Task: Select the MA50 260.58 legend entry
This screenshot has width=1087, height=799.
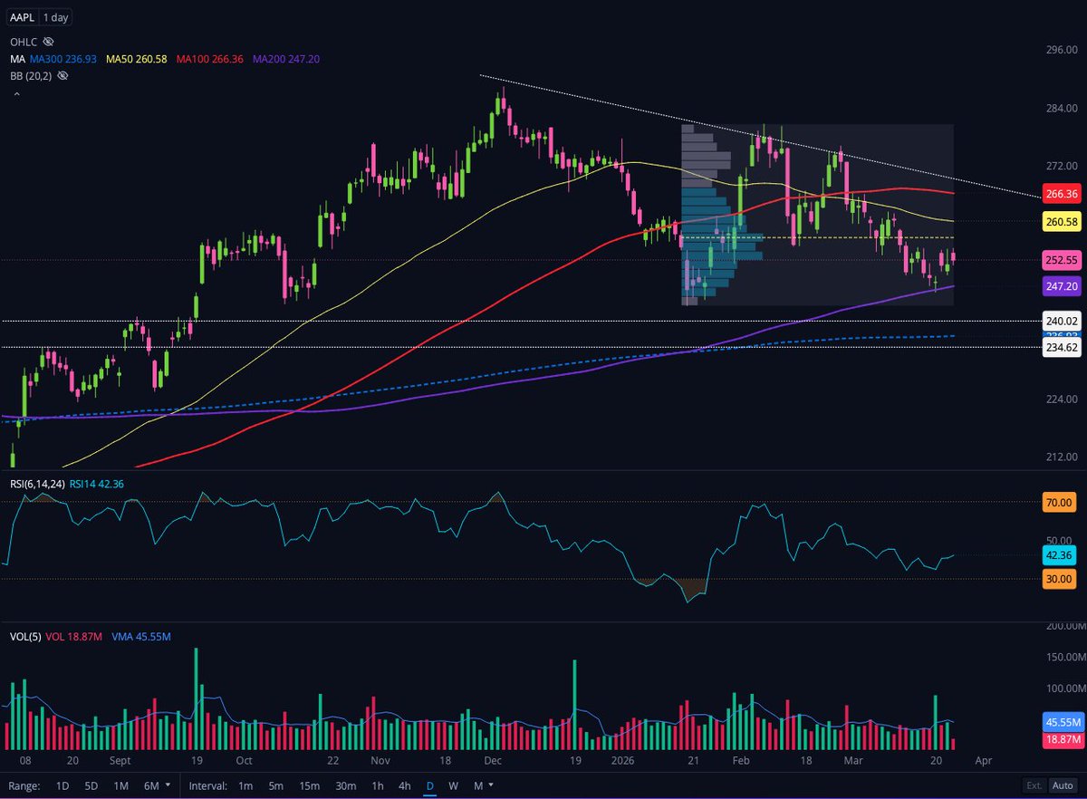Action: point(137,59)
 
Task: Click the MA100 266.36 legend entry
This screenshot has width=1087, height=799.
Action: point(210,59)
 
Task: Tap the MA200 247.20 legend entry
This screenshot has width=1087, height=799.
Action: point(286,59)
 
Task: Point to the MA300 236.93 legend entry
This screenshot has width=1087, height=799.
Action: point(63,59)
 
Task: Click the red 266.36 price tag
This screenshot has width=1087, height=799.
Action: point(1061,194)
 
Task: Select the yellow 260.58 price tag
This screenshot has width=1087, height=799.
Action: point(1061,222)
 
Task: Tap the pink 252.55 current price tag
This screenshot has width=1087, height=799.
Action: point(1061,259)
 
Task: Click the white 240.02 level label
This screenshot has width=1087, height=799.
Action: point(1061,321)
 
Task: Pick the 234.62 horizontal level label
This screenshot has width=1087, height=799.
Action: point(1061,347)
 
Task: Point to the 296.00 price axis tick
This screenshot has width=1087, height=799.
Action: point(1061,50)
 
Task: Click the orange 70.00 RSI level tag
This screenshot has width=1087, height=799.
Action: point(1059,502)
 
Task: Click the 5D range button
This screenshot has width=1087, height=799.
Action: point(91,785)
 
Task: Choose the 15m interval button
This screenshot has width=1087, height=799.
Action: point(310,785)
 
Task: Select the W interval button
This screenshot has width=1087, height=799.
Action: point(452,785)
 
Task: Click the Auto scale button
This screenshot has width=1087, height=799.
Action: point(1063,785)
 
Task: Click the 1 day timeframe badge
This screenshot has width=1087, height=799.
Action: point(56,17)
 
